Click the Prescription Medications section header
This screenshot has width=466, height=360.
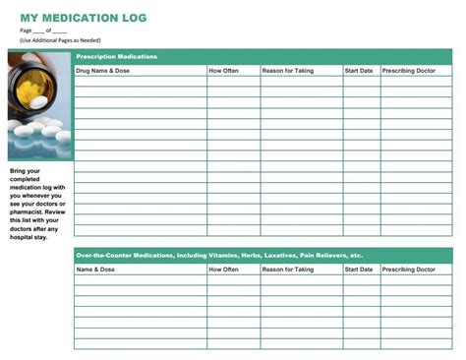117,57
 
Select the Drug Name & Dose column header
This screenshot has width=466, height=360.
103,71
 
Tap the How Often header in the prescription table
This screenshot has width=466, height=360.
223,71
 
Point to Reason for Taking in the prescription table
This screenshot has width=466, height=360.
288,71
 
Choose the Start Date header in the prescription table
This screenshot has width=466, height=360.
359,71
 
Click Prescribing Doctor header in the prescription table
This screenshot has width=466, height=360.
409,71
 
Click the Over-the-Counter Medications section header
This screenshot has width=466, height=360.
219,255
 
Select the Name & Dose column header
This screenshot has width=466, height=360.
96,269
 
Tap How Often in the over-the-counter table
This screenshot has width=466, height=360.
223,269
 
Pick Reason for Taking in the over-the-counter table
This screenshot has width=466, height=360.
288,269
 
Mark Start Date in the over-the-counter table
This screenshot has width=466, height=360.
359,269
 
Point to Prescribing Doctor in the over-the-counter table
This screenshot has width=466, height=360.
409,269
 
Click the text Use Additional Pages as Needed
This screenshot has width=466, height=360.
60,40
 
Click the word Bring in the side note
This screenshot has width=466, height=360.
19,170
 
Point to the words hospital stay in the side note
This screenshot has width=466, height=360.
29,237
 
